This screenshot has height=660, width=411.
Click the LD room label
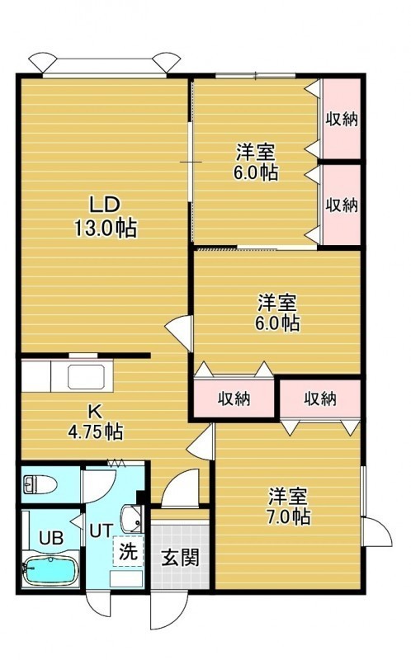pyautogui.click(x=106, y=205)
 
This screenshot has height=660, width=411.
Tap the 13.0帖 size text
pyautogui.click(x=106, y=229)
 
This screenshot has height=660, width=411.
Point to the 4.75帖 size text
pyautogui.click(x=96, y=431)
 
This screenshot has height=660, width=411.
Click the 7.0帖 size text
pyautogui.click(x=289, y=516)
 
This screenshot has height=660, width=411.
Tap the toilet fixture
pyautogui.click(x=40, y=484)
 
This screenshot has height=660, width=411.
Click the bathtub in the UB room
pyautogui.click(x=51, y=570)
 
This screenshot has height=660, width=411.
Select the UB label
pyautogui.click(x=51, y=538)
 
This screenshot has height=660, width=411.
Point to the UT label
pyautogui.click(x=101, y=530)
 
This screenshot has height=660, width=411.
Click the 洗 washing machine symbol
pyautogui.click(x=128, y=551)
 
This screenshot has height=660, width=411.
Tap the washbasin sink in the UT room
pyautogui.click(x=132, y=519)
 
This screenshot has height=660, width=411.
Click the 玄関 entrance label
pyautogui.click(x=180, y=559)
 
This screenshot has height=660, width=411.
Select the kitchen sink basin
pyautogui.click(x=86, y=377)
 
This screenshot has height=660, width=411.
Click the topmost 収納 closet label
pyautogui.click(x=342, y=119)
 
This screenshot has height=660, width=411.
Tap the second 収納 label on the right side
pyautogui.click(x=342, y=205)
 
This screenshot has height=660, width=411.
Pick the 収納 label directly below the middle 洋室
pyautogui.click(x=234, y=398)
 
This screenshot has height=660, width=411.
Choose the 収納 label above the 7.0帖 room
pyautogui.click(x=320, y=398)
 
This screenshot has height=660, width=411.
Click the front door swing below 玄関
pyautogui.click(x=168, y=612)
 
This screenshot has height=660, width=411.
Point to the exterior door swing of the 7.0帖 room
pyautogui.click(x=378, y=531)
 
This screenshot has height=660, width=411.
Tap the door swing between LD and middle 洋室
pyautogui.click(x=179, y=332)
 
